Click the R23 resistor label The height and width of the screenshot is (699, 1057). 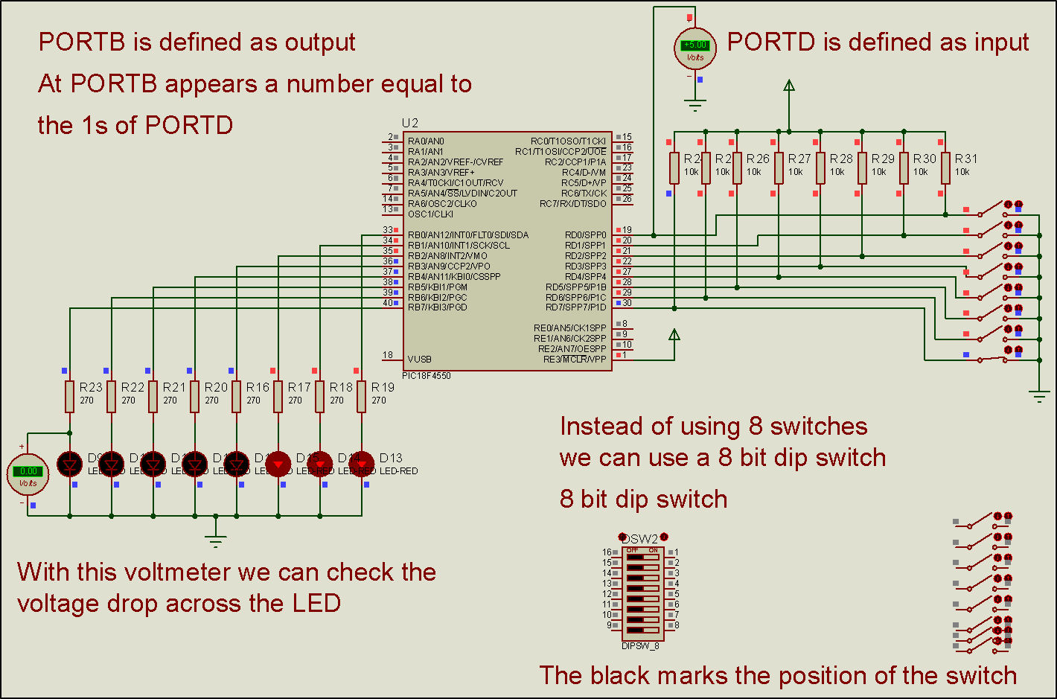coord(91,387)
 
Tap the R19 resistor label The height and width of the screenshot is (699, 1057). coord(383,387)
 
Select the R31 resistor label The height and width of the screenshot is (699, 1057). coord(966,159)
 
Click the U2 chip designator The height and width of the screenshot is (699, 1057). coord(410,123)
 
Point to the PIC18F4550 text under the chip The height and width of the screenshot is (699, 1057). coord(427,376)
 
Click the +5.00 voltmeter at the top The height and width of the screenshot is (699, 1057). coord(695,48)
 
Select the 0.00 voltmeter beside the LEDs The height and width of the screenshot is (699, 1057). coord(28,474)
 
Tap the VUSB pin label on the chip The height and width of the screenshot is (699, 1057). coord(420,359)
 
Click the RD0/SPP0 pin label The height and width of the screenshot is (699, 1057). coord(585,235)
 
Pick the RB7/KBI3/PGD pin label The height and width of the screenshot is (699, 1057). coord(438,307)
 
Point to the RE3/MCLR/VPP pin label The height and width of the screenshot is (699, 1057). coord(575,360)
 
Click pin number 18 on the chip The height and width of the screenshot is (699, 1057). coord(388,355)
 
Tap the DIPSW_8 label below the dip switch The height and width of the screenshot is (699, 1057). coord(640,646)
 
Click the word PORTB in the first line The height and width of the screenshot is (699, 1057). coord(82,42)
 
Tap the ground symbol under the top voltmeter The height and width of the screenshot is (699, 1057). coord(695,105)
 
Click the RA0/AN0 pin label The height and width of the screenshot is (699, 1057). coord(426,141)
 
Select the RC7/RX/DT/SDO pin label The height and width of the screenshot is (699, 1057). coord(573,203)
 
